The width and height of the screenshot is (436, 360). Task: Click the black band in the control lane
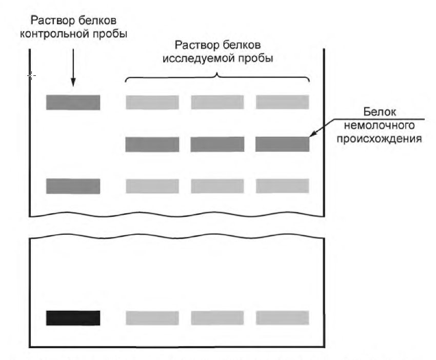(x=73, y=318)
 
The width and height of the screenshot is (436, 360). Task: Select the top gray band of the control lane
(x=73, y=103)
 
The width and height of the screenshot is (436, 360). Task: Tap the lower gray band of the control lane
(x=73, y=186)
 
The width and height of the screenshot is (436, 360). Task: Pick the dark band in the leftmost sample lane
(x=152, y=145)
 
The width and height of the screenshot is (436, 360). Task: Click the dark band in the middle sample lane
(x=217, y=145)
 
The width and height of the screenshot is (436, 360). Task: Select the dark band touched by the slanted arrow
(x=282, y=145)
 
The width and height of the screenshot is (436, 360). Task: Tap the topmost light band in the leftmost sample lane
(x=152, y=103)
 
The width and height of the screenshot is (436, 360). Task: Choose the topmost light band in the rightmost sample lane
(x=282, y=103)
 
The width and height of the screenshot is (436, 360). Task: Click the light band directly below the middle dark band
(x=217, y=186)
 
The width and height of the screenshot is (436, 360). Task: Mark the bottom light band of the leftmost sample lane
(x=152, y=318)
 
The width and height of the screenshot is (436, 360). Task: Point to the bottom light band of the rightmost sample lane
(x=282, y=318)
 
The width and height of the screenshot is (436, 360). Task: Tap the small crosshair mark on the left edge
(x=31, y=76)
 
